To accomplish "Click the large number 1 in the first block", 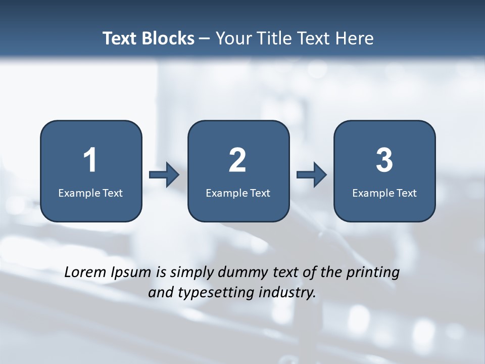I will (x=90, y=160).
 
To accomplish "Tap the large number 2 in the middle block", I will (x=237, y=160).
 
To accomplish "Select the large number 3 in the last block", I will (x=384, y=160).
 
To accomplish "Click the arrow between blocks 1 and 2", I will (x=164, y=175).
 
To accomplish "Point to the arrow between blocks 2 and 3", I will (x=312, y=175).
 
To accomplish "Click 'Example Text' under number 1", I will (x=90, y=193).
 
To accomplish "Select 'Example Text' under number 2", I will (x=238, y=193).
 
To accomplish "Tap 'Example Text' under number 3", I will (x=384, y=193).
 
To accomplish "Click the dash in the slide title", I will (x=205, y=39).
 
